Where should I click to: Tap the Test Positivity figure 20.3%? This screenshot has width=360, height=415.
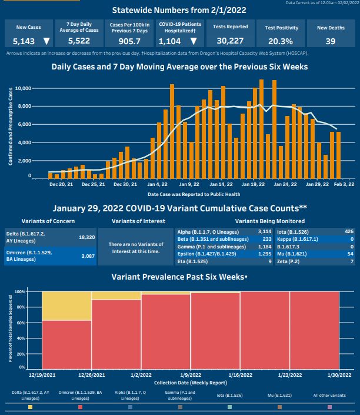point(282,41)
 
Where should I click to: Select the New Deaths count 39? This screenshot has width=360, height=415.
point(330,41)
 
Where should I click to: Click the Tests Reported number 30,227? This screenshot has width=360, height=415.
point(229,41)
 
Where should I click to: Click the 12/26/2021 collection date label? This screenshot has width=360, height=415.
point(91,374)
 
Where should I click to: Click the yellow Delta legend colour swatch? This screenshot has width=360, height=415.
point(30,407)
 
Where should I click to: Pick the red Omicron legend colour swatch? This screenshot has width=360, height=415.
point(80,407)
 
